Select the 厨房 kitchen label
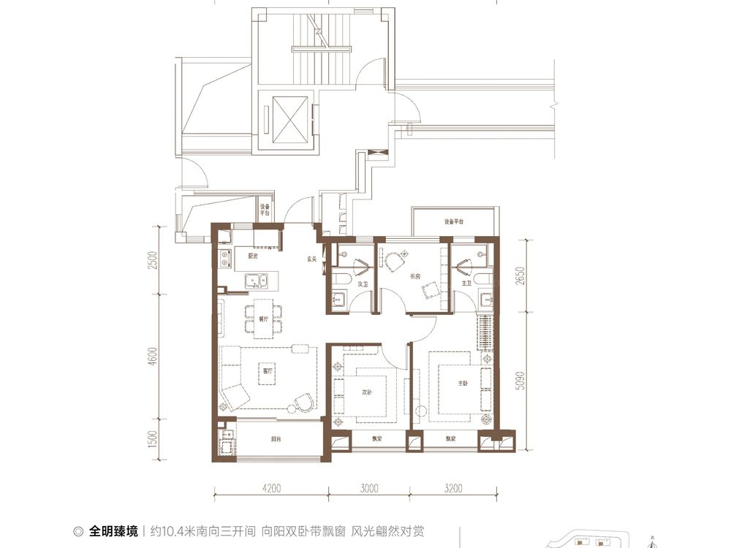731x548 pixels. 253,257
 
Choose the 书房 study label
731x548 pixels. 395,276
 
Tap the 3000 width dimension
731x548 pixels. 369,489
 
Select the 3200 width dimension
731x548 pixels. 453,489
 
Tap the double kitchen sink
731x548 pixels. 255,280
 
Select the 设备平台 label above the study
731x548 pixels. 454,221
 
